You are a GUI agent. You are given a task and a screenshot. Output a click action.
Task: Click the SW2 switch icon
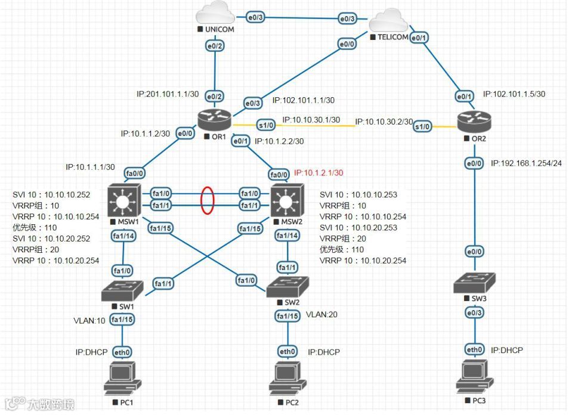pos(288,288)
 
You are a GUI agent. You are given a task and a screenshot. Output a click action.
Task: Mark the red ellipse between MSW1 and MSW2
pos(207,200)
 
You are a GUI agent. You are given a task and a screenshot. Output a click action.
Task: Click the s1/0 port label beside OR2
pos(423,126)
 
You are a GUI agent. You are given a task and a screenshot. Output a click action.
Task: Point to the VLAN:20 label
pos(322,314)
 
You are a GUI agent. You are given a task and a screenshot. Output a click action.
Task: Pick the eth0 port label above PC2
pos(287,352)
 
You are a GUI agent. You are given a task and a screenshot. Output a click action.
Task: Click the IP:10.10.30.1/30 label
pos(311,120)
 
